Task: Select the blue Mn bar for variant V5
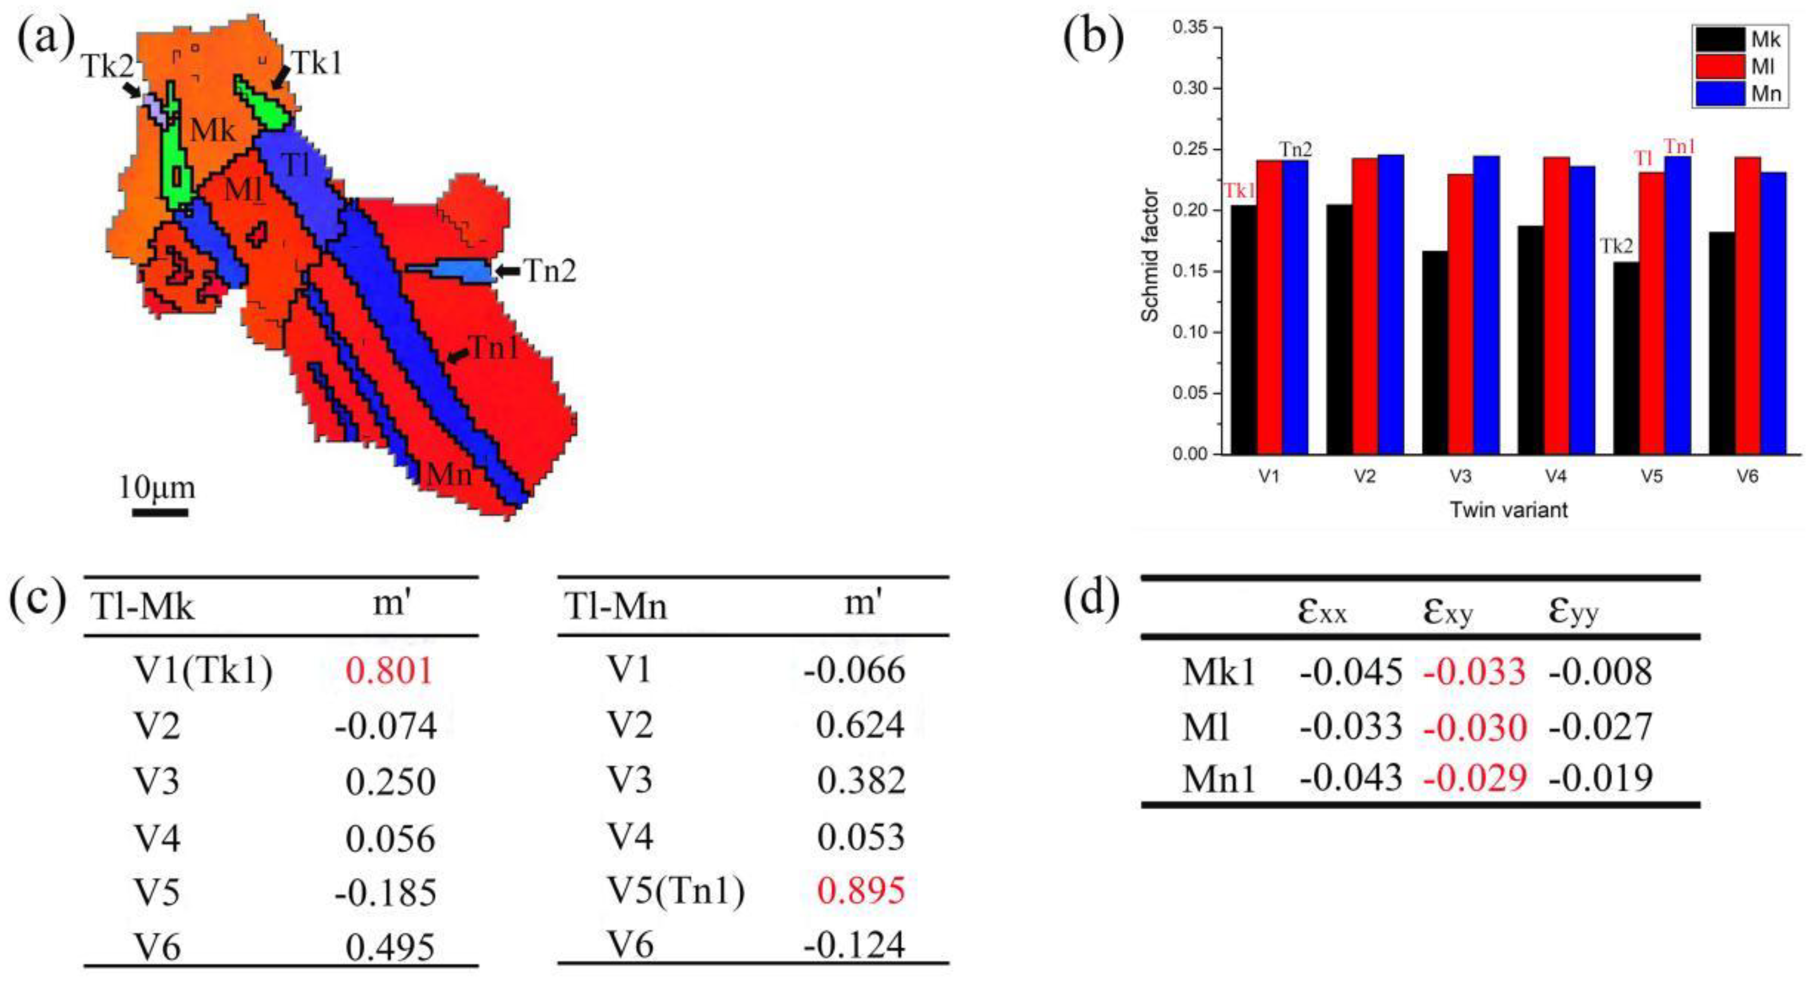[1678, 306]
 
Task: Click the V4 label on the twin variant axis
[1555, 477]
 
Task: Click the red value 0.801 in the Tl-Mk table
[389, 670]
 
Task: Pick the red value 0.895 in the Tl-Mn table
[861, 891]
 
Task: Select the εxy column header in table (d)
[1448, 611]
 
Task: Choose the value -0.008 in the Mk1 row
[1600, 671]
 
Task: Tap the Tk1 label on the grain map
[317, 64]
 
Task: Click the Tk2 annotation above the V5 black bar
[1617, 246]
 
